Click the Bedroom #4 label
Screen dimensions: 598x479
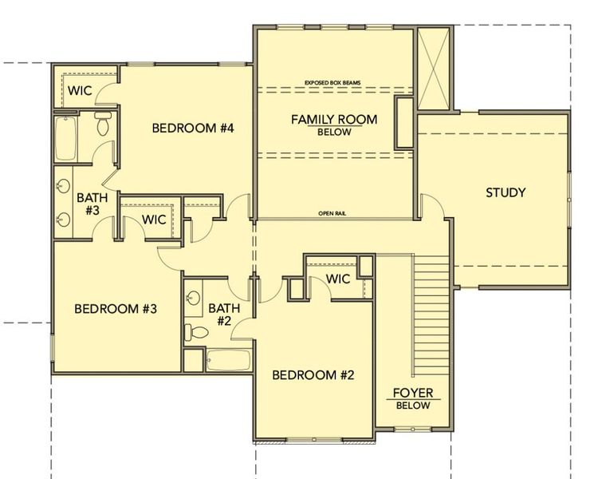(x=193, y=128)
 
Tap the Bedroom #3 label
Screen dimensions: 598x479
(x=116, y=309)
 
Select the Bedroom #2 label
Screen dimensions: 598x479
(x=313, y=375)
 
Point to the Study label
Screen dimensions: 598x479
(x=506, y=192)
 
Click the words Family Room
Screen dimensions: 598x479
(x=334, y=120)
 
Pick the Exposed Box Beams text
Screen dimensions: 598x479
(x=332, y=82)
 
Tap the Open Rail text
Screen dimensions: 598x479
(x=332, y=213)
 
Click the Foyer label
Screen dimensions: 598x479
(x=413, y=393)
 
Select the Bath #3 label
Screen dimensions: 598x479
(x=92, y=204)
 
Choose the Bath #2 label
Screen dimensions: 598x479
(x=224, y=314)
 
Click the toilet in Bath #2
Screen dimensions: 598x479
(x=196, y=332)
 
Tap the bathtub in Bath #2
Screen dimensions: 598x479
(x=229, y=360)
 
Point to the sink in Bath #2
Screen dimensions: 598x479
(x=194, y=298)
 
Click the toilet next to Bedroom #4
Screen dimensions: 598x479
(x=103, y=124)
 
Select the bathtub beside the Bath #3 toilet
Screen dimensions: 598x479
(x=66, y=138)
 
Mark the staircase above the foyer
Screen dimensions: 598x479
(x=431, y=315)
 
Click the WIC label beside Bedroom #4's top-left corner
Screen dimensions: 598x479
(x=80, y=91)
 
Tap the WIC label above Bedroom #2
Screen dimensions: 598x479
(x=338, y=279)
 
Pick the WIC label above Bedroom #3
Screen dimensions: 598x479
(x=154, y=220)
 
